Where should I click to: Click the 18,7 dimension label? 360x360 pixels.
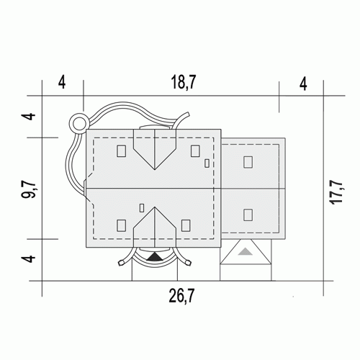click(x=184, y=82)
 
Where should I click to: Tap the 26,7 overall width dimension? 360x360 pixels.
click(x=181, y=296)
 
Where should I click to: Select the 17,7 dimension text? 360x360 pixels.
click(x=337, y=192)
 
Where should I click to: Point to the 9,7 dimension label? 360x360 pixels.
click(x=29, y=190)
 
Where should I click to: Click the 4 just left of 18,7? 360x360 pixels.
click(x=62, y=82)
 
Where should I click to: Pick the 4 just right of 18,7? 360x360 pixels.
click(x=303, y=84)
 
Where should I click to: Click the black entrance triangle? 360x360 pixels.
click(x=155, y=257)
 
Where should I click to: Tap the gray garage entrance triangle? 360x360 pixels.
click(x=246, y=251)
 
